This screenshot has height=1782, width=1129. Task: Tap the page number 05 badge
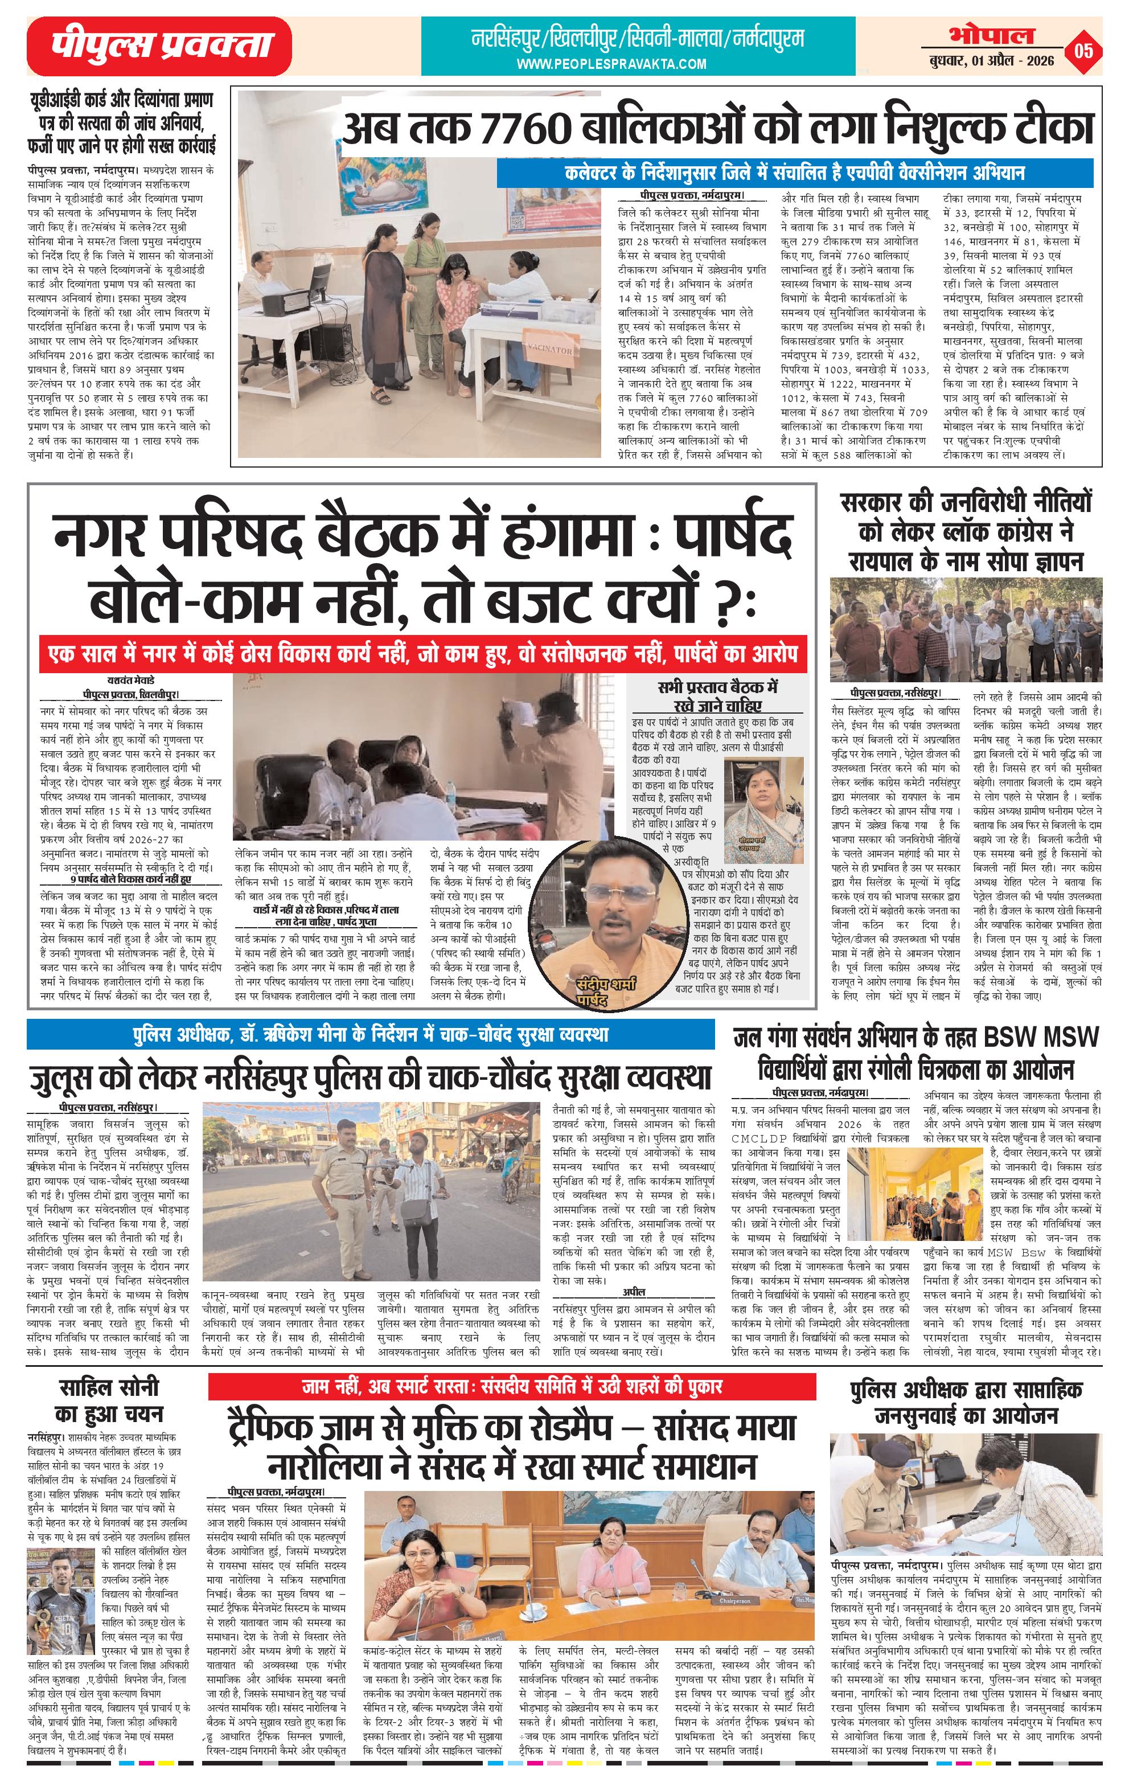pos(1084,50)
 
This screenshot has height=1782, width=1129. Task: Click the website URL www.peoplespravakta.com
pos(611,64)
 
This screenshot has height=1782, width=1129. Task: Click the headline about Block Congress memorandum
pos(966,532)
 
